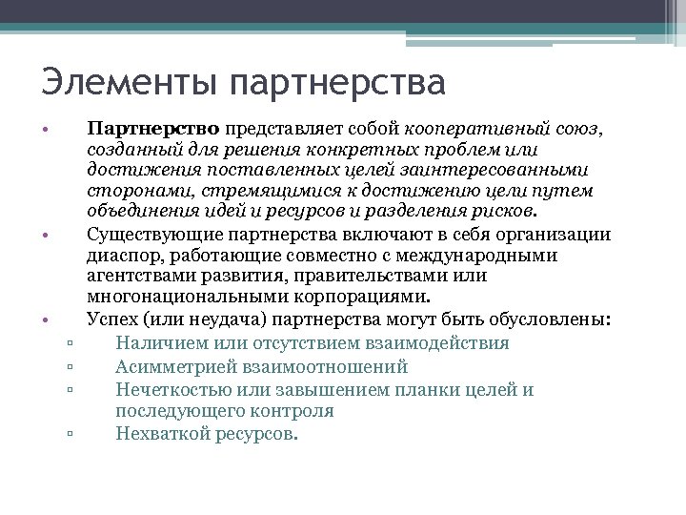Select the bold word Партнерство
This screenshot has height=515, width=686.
coord(153,128)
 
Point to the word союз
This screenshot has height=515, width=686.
coord(577,128)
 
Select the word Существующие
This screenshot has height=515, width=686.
coord(149,235)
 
